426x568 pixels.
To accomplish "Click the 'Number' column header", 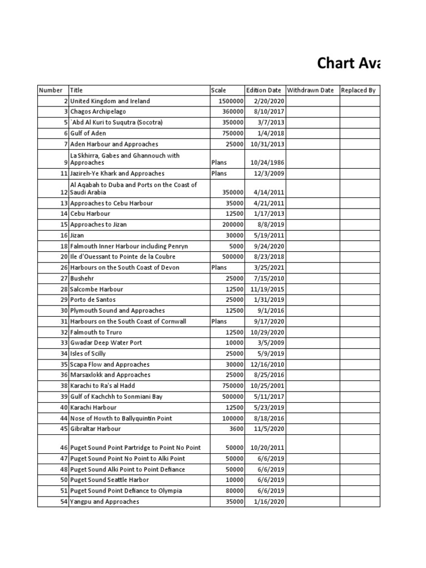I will (50, 90).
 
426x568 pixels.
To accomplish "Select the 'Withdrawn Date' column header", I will (310, 90).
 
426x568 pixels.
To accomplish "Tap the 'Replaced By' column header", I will (358, 90).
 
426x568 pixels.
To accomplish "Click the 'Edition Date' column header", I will (263, 90).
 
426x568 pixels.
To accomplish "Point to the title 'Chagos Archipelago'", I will (98, 111).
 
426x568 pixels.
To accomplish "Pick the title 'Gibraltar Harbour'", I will (95, 429).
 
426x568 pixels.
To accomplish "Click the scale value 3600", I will (235, 429).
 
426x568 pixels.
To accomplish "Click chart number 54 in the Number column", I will (64, 501).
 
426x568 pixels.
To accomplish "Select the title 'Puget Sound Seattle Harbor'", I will (109, 480).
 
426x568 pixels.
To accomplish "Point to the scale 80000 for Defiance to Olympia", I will (233, 491).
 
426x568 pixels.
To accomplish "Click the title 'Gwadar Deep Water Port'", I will (105, 343).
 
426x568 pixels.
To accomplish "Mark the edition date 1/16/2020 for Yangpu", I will (267, 501).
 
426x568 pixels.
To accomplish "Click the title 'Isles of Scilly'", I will (88, 353).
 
